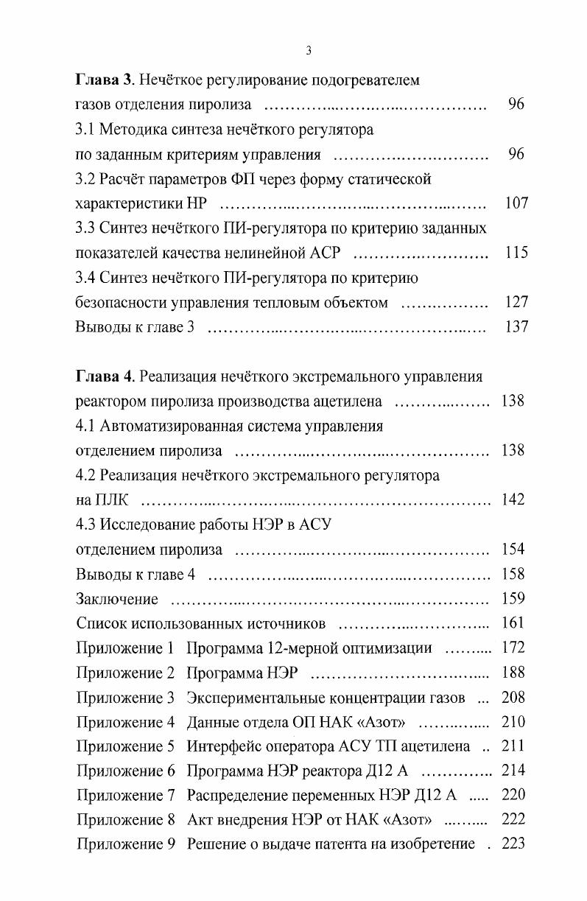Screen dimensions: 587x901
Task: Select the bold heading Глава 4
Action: click(105, 376)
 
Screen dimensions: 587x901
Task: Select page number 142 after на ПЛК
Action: click(513, 499)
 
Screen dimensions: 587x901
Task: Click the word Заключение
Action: click(117, 599)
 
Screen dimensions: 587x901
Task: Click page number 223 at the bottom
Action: click(513, 844)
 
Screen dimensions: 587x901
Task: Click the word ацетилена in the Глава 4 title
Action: click(348, 402)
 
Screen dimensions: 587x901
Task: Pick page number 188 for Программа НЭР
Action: click(513, 673)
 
